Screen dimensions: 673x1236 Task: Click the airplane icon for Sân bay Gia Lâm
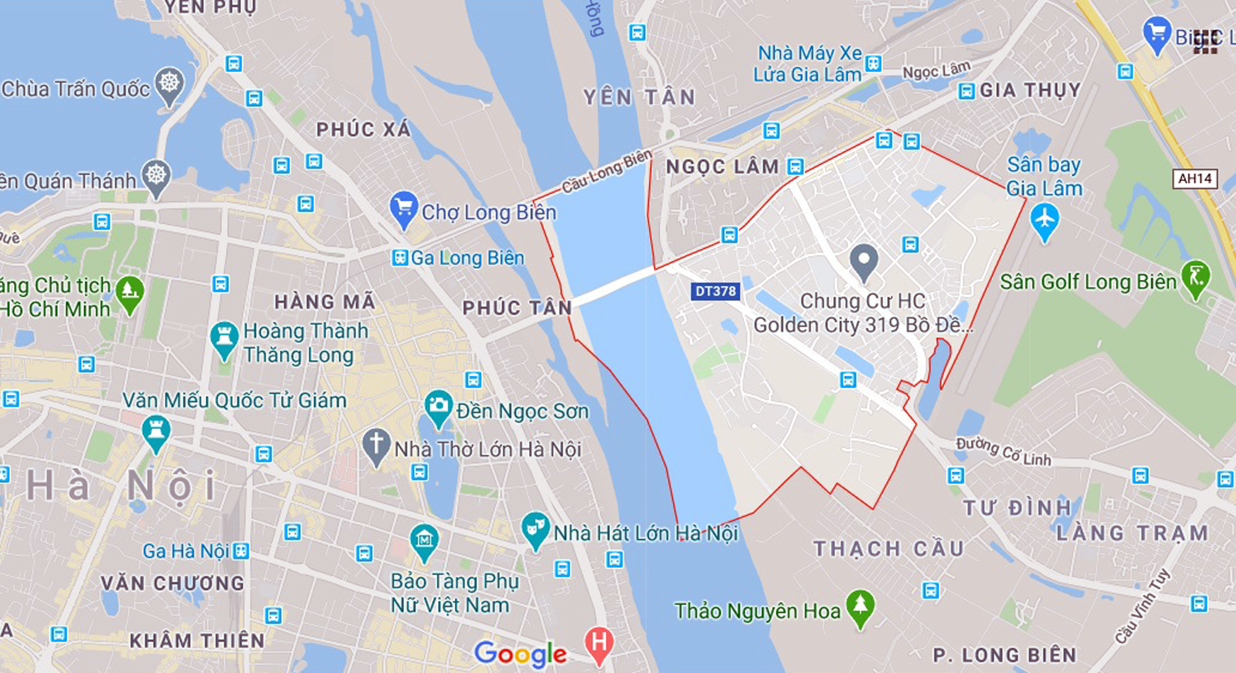1044,220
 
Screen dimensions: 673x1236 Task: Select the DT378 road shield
716,291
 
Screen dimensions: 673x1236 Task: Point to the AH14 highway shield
1195,179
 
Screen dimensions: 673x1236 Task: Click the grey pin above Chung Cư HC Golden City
863,260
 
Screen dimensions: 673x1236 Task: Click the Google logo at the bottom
520,654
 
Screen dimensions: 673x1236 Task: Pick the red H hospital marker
598,643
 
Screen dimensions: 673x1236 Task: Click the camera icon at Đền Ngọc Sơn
438,406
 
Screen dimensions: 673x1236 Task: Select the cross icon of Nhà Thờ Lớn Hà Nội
376,444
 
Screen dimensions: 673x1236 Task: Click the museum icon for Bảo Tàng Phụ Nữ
424,541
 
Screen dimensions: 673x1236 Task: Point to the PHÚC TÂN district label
517,308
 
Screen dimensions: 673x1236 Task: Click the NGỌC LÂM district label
722,167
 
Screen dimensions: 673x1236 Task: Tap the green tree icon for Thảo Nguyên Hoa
860,605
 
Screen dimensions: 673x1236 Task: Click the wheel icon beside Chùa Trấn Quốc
169,83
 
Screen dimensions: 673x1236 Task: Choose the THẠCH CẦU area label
888,548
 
